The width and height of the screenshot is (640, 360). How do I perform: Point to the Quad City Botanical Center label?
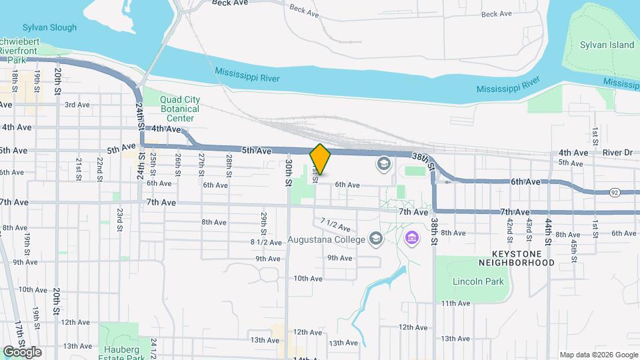(x=179, y=109)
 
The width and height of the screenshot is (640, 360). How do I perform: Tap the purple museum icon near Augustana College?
(x=411, y=237)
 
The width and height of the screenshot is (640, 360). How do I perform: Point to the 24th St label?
(x=140, y=115)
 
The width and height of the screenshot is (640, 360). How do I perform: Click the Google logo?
(x=22, y=351)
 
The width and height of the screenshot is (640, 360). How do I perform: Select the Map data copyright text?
(x=598, y=355)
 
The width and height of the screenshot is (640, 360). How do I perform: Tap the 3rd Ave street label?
(x=77, y=105)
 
